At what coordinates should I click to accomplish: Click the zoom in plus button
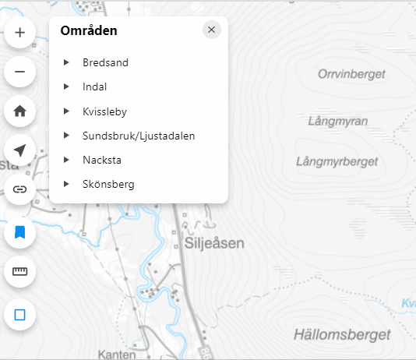[20, 33]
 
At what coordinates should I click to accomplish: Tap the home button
[20, 111]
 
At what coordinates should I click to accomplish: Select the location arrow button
[20, 150]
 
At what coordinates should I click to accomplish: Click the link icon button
[20, 189]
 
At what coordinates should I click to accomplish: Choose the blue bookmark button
[20, 231]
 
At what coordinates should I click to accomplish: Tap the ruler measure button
[20, 272]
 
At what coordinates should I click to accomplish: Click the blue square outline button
[20, 315]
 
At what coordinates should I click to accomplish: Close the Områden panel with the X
[211, 30]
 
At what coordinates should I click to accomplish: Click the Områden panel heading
[89, 31]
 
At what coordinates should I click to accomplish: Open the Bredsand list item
[105, 62]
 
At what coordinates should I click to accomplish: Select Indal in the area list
[94, 86]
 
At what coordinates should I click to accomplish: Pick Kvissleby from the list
[104, 111]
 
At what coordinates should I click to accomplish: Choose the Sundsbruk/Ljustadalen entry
[138, 136]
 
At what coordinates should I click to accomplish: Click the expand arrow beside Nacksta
[66, 160]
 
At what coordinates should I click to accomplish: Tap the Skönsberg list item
[108, 185]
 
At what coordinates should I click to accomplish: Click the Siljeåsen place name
[213, 243]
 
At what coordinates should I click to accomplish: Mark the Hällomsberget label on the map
[342, 334]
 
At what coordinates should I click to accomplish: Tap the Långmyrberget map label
[337, 161]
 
